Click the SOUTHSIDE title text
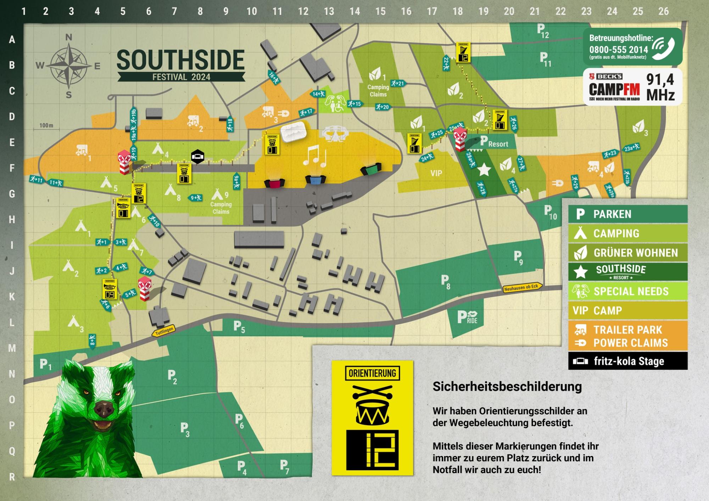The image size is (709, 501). [x=180, y=60]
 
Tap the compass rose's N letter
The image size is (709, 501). [x=69, y=37]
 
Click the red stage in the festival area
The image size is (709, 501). [x=274, y=183]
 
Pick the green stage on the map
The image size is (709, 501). [x=371, y=169]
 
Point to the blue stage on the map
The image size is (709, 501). [x=316, y=180]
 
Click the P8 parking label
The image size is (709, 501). [x=445, y=281]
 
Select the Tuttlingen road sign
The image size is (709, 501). [x=164, y=331]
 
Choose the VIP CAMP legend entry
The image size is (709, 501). [x=627, y=311]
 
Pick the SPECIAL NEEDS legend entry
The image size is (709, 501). [x=627, y=291]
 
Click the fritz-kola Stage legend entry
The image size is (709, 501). [x=627, y=361]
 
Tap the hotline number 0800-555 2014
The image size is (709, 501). [x=618, y=50]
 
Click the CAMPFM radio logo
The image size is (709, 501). [x=614, y=89]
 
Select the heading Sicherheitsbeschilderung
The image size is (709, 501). [x=507, y=387]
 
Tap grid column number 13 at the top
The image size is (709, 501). [x=329, y=12]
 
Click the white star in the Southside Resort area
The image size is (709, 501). [x=484, y=170]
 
